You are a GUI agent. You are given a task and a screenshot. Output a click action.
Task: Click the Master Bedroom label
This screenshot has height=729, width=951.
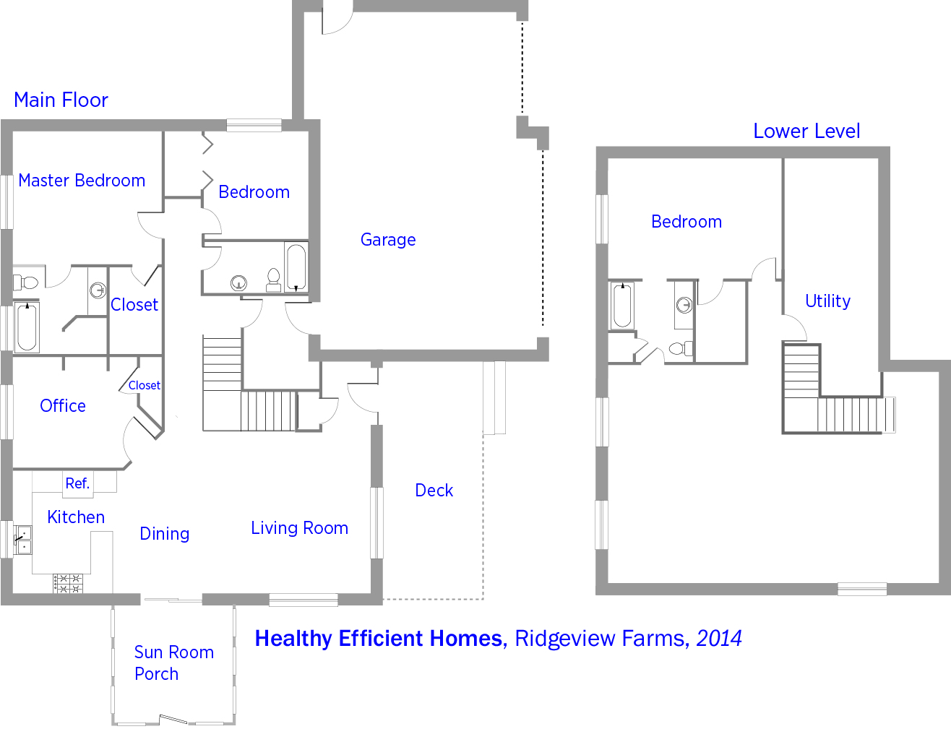click(x=82, y=181)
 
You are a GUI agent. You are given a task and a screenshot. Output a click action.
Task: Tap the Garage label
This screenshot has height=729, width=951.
click(x=388, y=240)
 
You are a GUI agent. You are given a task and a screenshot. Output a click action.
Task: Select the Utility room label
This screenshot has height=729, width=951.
click(x=827, y=301)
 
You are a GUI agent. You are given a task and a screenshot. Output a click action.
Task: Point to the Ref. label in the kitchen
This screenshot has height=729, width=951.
click(x=77, y=483)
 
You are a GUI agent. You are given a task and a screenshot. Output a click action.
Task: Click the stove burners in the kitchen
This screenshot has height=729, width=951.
click(x=68, y=583)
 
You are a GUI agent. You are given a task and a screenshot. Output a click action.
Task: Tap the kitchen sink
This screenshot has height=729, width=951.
click(x=22, y=540)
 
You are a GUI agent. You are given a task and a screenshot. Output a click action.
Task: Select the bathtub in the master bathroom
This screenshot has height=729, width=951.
click(x=27, y=327)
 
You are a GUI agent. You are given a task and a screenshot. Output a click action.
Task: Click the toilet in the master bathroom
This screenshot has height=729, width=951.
click(x=25, y=282)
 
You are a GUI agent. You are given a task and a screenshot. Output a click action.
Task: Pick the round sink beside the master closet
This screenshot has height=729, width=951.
click(x=98, y=290)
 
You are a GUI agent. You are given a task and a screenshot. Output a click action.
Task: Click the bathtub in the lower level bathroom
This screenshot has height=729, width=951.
click(x=622, y=305)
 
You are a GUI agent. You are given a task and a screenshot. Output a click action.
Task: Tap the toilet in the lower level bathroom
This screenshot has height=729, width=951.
click(x=681, y=349)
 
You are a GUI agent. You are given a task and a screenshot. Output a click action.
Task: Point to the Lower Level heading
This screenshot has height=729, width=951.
click(x=806, y=131)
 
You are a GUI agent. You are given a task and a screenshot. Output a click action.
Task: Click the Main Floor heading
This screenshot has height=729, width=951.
click(x=61, y=100)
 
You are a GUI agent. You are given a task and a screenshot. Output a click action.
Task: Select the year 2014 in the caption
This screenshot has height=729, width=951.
click(x=719, y=638)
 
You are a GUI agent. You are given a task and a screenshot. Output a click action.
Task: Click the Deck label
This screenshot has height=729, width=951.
click(x=434, y=490)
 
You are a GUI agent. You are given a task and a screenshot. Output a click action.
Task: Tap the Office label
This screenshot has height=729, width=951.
click(x=63, y=405)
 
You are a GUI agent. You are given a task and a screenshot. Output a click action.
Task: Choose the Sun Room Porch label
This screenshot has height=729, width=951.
click(x=173, y=663)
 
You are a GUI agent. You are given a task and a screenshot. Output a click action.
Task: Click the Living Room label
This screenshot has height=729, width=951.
click(x=299, y=527)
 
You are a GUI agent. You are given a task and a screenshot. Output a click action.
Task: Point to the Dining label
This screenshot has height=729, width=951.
click(x=165, y=534)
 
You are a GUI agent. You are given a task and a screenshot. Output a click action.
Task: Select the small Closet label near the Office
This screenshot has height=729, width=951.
click(x=144, y=385)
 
